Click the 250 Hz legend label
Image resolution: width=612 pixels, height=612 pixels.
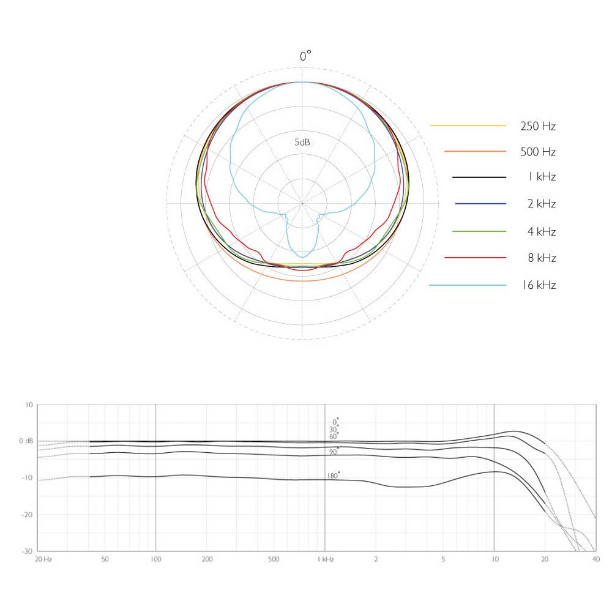(538, 126)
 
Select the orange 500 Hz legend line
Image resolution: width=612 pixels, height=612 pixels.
(475, 151)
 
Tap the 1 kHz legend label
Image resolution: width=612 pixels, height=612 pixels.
(542, 177)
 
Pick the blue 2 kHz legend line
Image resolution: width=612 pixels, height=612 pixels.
(480, 203)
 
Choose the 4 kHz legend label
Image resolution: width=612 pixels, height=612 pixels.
(542, 231)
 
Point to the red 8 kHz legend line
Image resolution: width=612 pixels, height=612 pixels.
(475, 258)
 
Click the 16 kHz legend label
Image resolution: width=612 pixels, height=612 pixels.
(539, 285)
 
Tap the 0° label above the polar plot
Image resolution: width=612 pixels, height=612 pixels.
(305, 56)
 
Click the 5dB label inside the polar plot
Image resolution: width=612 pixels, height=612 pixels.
(302, 142)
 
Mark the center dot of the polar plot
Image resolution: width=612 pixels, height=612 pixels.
(302, 203)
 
